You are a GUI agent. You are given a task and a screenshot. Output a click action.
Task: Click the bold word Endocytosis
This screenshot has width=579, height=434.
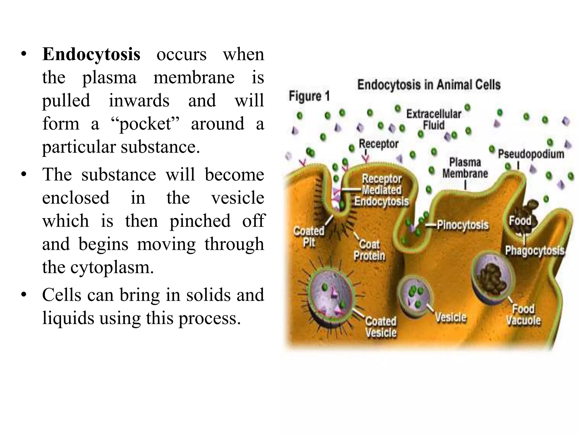[91, 54]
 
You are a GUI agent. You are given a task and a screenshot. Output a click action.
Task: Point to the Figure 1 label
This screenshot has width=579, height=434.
[309, 96]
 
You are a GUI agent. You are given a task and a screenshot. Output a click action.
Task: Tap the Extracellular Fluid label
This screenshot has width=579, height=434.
[433, 120]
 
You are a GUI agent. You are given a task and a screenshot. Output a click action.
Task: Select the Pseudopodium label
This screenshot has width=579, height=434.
[531, 154]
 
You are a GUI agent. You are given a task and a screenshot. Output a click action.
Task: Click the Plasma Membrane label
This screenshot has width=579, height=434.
[465, 168]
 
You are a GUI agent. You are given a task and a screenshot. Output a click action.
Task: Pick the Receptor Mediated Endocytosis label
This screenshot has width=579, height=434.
[382, 190]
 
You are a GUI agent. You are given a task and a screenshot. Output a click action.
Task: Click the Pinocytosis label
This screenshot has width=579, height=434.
[463, 225]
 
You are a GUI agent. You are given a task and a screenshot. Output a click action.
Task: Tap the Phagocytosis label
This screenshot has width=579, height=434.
[535, 251]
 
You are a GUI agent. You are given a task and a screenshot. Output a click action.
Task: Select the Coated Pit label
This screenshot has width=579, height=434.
[309, 237]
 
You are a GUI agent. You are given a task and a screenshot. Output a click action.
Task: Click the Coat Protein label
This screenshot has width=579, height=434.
[369, 250]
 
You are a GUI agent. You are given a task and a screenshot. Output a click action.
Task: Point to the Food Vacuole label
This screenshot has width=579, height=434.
[523, 314]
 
